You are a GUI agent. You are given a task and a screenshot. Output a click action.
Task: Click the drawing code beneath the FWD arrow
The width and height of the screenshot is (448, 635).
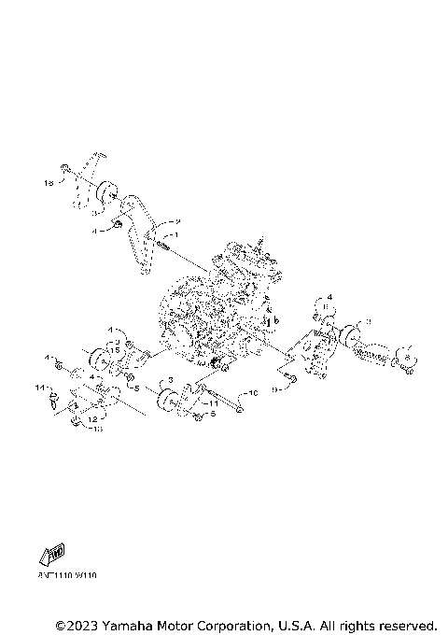68,576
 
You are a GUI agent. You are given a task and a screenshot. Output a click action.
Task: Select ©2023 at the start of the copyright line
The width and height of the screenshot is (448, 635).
77,624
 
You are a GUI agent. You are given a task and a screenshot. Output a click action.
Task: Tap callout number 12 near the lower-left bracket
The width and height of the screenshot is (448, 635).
92,419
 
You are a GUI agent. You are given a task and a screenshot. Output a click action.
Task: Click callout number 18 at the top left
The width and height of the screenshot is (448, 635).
49,185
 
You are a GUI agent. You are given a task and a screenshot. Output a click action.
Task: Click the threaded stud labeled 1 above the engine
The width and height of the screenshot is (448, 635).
162,245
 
